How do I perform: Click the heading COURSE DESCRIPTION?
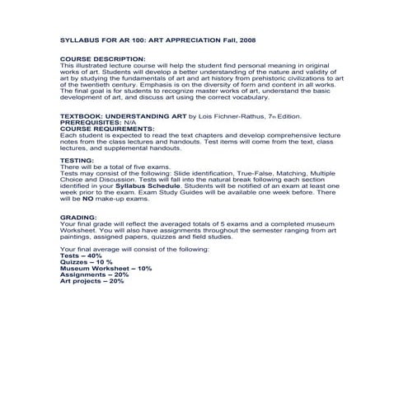101,59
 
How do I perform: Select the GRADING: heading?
80,216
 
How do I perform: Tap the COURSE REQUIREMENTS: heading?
107,129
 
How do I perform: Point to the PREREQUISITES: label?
96,124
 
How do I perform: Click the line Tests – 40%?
82,256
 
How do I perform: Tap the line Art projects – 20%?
92,281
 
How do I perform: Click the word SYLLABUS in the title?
79,39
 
